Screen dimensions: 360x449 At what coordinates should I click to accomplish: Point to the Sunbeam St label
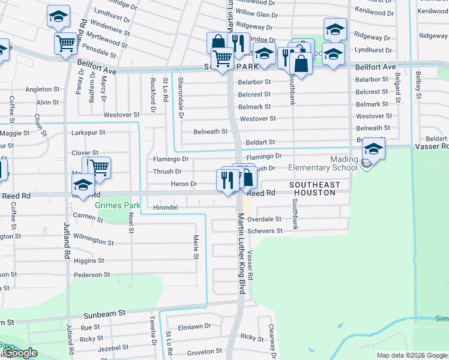(104, 313)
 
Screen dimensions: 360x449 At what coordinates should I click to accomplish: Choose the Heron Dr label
(184, 184)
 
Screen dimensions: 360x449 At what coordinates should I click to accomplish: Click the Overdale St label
(264, 220)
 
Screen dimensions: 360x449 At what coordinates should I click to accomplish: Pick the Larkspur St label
(88, 132)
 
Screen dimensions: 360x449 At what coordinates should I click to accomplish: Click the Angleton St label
(42, 89)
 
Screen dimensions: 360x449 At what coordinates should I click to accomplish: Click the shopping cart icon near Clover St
(100, 167)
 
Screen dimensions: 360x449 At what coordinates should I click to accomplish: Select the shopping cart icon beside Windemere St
(65, 43)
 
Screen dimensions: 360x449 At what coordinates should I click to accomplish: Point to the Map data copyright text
(411, 355)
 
